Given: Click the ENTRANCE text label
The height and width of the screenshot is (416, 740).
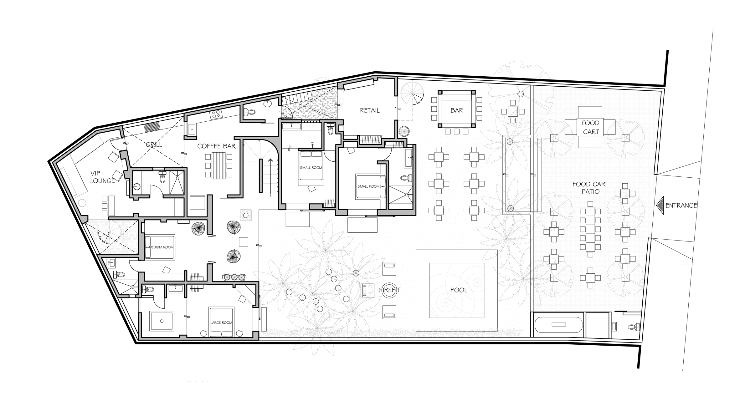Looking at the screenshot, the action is (681, 205).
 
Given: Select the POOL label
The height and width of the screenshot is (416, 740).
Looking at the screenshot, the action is (459, 290).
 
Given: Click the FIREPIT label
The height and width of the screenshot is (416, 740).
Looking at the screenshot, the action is (390, 290).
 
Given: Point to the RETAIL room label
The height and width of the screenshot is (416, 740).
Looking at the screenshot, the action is (370, 110).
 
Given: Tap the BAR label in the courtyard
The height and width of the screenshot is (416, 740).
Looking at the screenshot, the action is (457, 110).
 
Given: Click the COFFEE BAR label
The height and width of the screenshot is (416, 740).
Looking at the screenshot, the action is (216, 146).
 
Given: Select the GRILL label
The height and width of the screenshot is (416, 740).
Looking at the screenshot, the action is (154, 145).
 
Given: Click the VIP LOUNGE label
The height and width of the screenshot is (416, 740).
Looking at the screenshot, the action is (102, 177).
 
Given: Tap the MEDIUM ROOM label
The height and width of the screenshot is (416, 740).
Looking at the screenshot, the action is (161, 247).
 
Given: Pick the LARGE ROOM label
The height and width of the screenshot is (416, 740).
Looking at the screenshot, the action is (221, 322).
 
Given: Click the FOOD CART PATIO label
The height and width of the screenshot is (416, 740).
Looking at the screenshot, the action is (590, 188).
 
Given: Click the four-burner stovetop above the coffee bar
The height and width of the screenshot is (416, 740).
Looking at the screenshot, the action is (216, 114).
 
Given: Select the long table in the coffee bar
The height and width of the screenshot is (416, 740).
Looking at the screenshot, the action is (218, 165).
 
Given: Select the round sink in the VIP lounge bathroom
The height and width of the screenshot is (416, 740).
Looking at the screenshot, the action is (136, 187).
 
